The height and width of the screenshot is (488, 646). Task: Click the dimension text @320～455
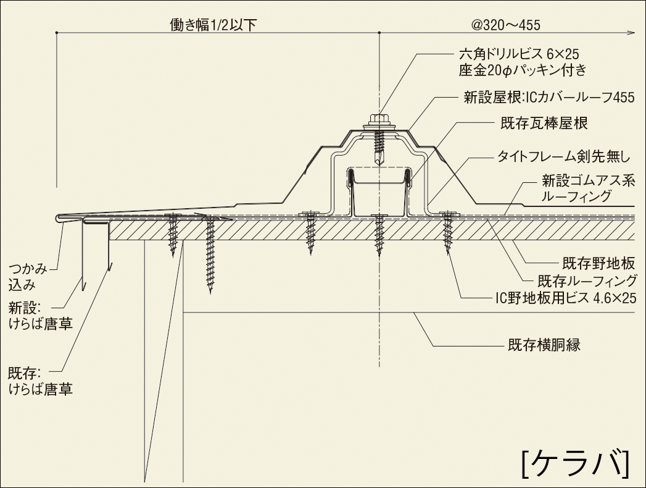(505, 25)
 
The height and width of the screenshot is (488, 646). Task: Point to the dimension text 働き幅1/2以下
(213, 25)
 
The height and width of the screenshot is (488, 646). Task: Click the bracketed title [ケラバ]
(575, 460)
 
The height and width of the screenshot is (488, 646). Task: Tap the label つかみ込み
(27, 276)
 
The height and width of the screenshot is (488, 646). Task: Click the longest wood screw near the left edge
(210, 253)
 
